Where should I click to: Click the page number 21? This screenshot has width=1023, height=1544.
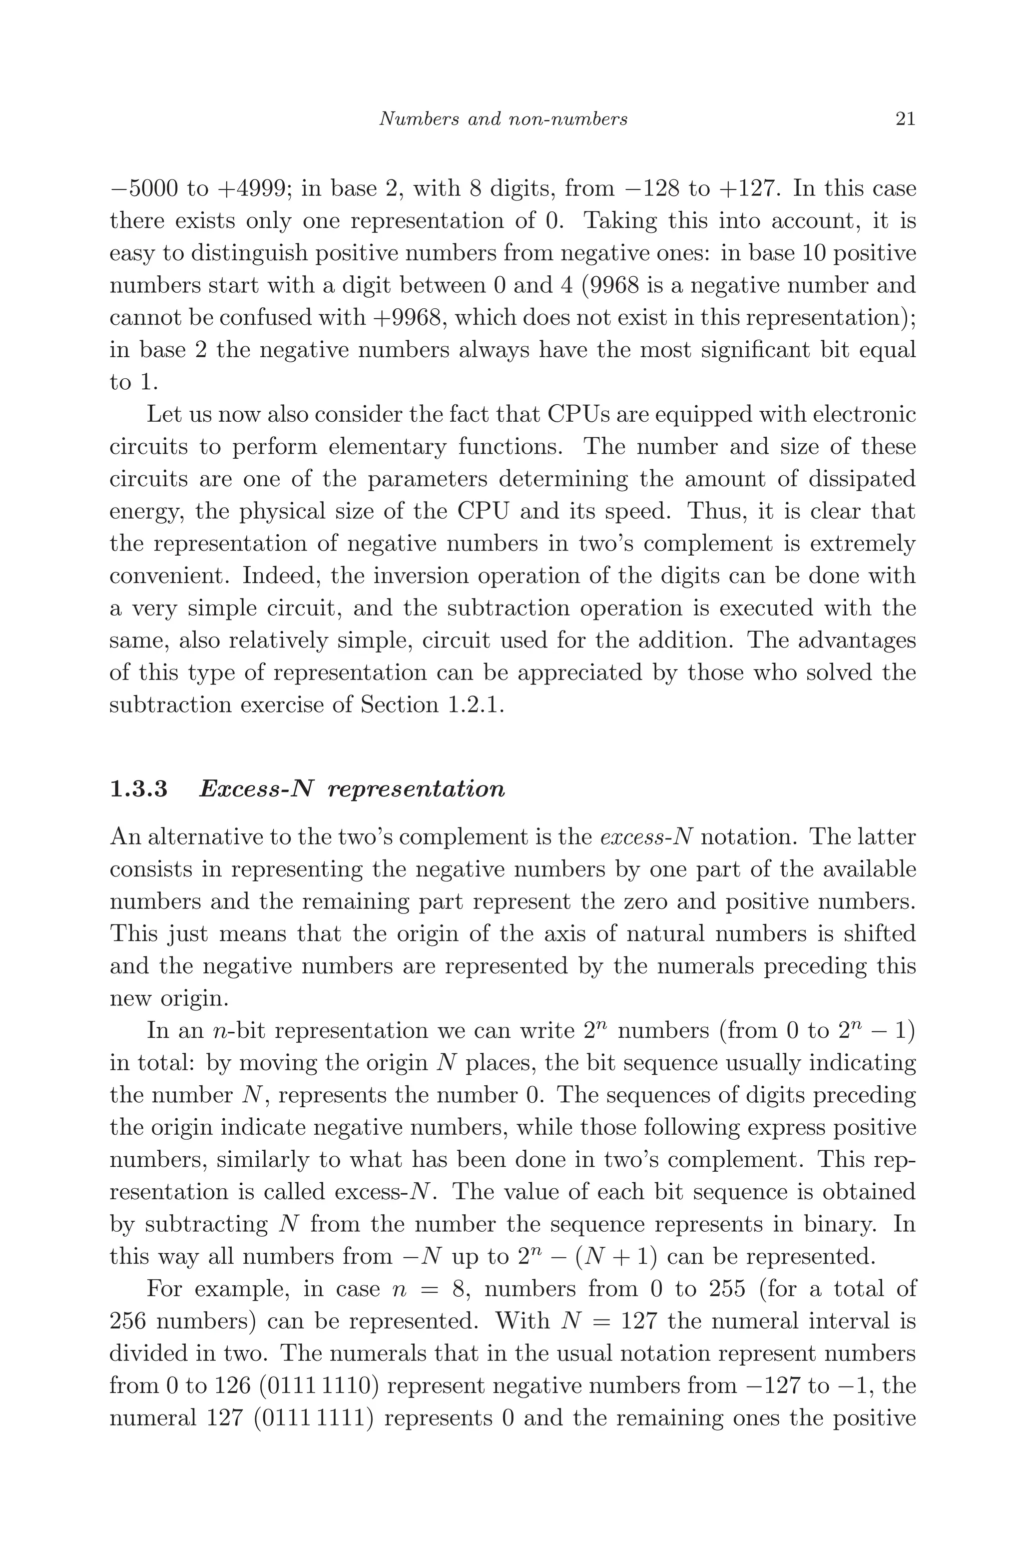(906, 119)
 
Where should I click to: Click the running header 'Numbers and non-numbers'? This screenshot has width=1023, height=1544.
(503, 119)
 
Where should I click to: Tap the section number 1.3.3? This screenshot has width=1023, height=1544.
(139, 789)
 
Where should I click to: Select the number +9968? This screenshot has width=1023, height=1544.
(409, 318)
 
